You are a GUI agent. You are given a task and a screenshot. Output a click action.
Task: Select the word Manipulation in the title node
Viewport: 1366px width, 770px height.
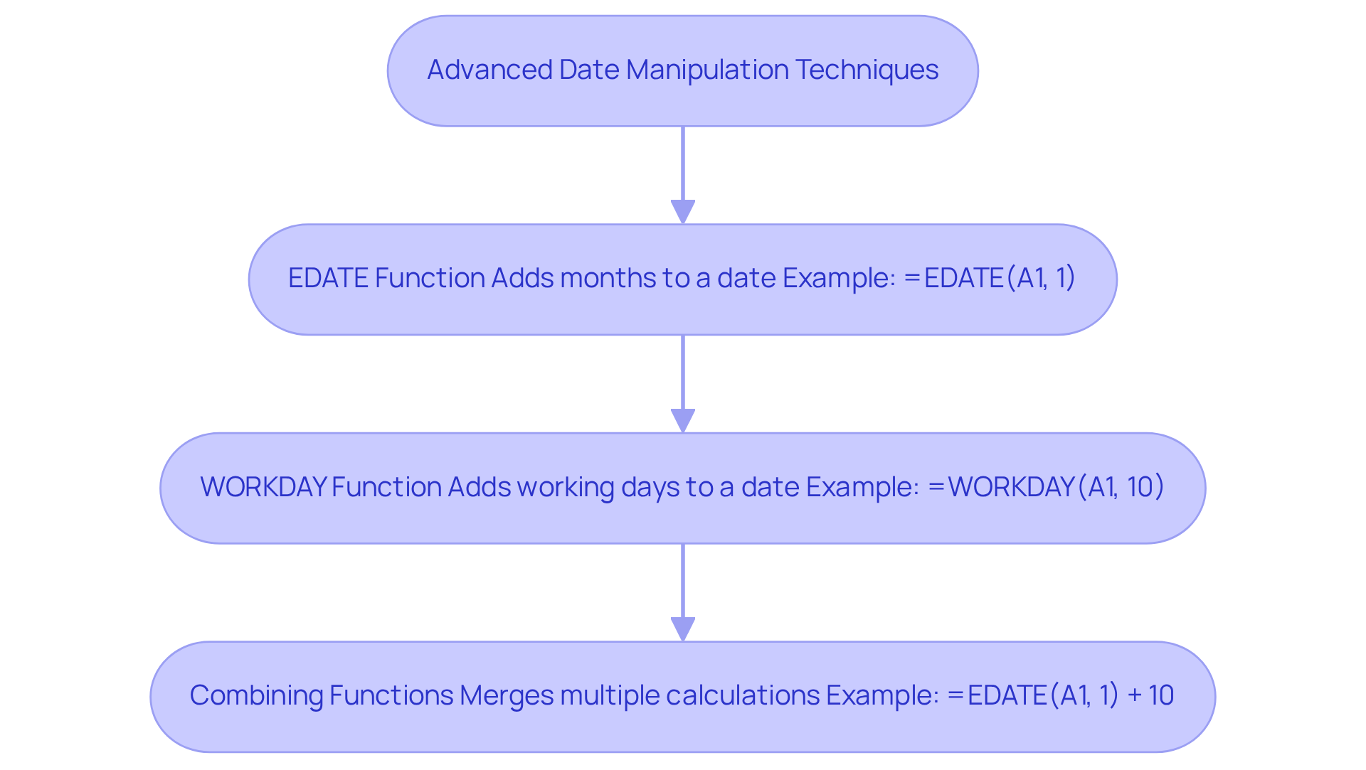pos(707,70)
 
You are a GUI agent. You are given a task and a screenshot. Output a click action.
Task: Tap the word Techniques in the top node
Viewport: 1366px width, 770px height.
pos(867,70)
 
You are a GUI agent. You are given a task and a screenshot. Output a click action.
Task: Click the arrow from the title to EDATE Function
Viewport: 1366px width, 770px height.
pos(683,175)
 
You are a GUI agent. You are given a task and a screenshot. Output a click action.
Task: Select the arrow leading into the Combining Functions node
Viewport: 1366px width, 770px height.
pos(683,592)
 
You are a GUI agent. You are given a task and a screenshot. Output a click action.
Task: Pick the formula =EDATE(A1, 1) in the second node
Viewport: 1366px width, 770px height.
pos(990,278)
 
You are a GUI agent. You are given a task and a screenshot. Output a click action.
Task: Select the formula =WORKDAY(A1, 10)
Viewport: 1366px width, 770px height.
pos(1046,487)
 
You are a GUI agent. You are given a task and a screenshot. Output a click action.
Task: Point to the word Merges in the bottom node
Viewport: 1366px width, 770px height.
pos(507,695)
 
